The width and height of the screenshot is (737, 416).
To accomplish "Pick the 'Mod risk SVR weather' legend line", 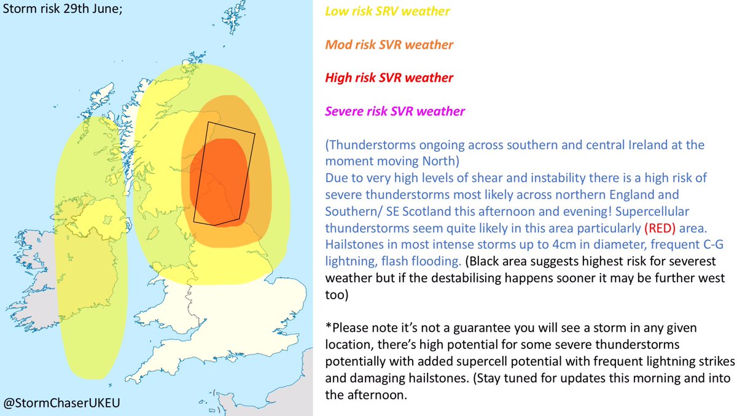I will [389, 45].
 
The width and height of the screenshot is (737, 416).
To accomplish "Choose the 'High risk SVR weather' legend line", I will [389, 78].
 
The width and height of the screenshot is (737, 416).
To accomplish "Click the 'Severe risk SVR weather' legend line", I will [395, 112].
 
